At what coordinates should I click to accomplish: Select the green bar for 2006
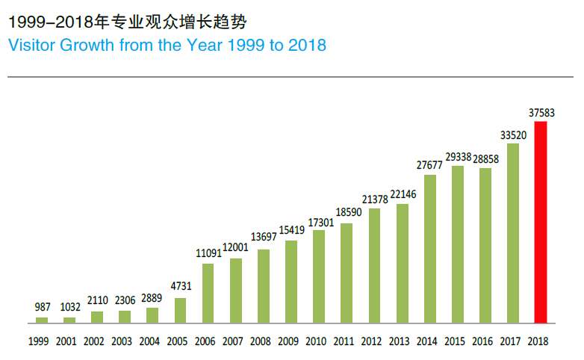(x=208, y=294)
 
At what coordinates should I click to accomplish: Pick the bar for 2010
(x=319, y=276)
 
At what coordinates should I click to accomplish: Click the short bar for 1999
(x=42, y=320)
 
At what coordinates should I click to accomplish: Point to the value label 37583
(x=541, y=113)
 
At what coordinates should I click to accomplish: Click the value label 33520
(x=513, y=135)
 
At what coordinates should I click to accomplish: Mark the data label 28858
(x=485, y=160)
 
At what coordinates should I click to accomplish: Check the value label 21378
(x=374, y=199)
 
